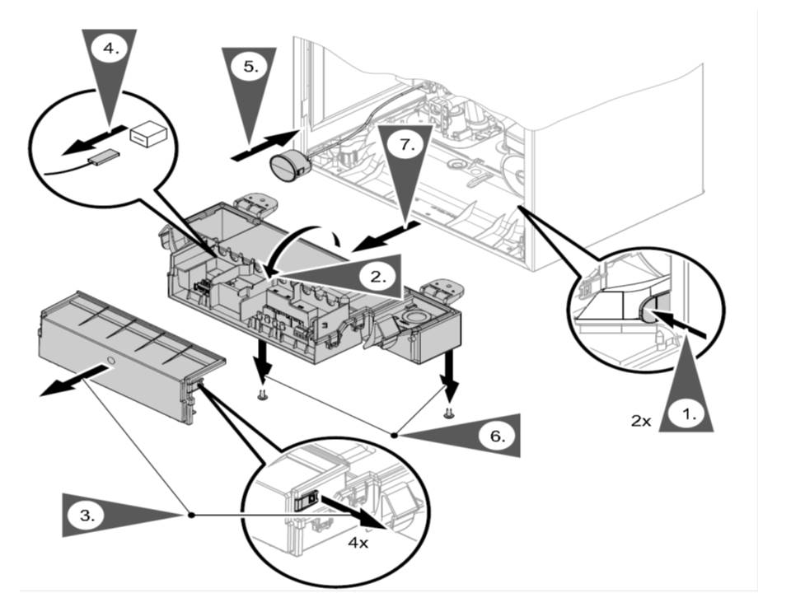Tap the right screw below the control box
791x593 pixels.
click(x=448, y=412)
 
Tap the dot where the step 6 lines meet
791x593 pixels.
click(x=395, y=434)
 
